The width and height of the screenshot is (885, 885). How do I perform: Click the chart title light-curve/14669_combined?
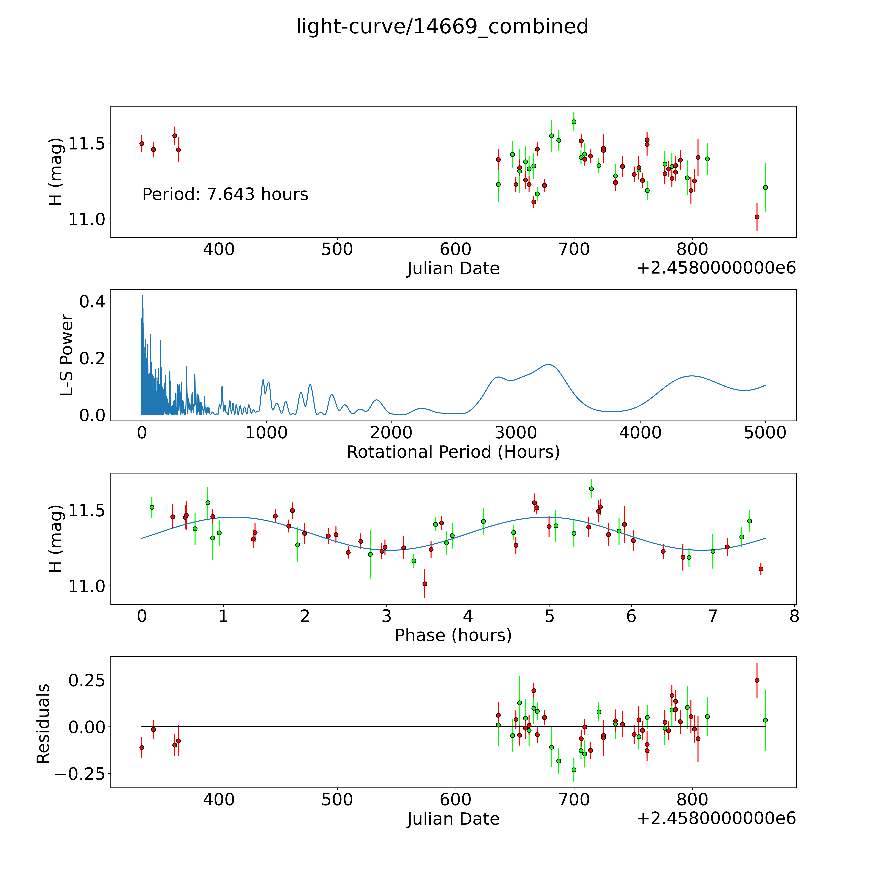[x=442, y=27]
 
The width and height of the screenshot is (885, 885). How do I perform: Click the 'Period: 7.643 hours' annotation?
[x=225, y=195]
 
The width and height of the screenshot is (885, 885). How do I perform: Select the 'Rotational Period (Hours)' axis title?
[x=453, y=452]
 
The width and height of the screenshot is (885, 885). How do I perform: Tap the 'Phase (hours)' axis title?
[x=453, y=635]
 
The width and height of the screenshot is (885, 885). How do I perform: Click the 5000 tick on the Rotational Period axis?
[x=765, y=433]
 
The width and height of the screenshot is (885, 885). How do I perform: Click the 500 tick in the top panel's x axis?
[x=337, y=250]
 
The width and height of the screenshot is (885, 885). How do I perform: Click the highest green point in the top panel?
[x=574, y=122]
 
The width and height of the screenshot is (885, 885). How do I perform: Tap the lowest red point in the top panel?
[x=757, y=217]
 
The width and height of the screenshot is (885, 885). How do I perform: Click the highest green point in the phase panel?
[x=591, y=489]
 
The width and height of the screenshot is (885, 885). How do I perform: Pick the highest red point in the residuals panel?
[x=757, y=680]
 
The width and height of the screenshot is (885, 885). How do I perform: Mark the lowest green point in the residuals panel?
[x=574, y=770]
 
